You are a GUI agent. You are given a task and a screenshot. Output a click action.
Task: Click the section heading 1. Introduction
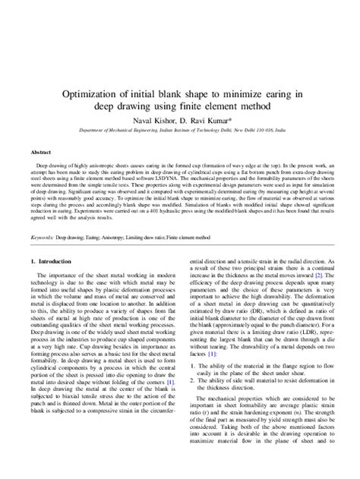click(x=49, y=262)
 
